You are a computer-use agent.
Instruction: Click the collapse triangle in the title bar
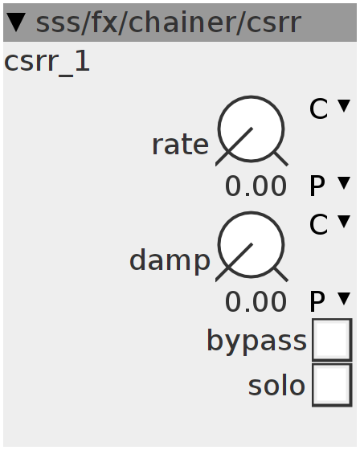click(x=16, y=22)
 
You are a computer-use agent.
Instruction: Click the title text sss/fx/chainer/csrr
click(x=169, y=22)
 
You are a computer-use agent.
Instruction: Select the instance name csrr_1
click(x=47, y=63)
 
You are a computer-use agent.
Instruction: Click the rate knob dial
click(x=252, y=129)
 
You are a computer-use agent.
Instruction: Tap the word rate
click(x=180, y=145)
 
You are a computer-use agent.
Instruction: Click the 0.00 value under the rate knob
click(x=256, y=186)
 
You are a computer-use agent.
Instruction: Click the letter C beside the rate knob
click(x=318, y=108)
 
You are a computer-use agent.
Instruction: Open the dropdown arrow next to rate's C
click(x=344, y=106)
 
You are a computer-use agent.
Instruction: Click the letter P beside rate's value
click(x=317, y=186)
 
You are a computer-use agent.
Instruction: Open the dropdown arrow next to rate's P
click(x=344, y=183)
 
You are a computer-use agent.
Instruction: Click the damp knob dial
click(x=252, y=245)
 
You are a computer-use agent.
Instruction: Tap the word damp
click(x=170, y=260)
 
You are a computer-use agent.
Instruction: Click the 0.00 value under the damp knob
click(x=256, y=302)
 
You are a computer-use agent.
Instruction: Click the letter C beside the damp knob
click(x=318, y=224)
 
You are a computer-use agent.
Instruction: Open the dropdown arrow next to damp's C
click(x=344, y=222)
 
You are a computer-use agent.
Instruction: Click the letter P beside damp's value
click(x=317, y=301)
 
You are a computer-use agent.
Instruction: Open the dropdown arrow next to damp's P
click(x=344, y=299)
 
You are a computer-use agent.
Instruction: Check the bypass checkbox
click(x=332, y=340)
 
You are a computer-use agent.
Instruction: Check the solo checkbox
click(x=332, y=385)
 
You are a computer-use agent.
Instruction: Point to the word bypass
click(x=256, y=341)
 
